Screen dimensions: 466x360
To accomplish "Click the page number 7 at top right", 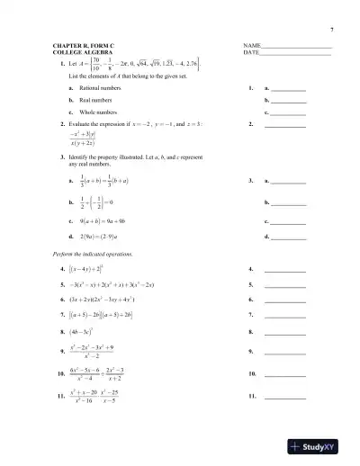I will click(x=332, y=30).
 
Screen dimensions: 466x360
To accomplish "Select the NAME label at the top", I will click(x=253, y=45).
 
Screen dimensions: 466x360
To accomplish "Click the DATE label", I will click(x=252, y=52).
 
